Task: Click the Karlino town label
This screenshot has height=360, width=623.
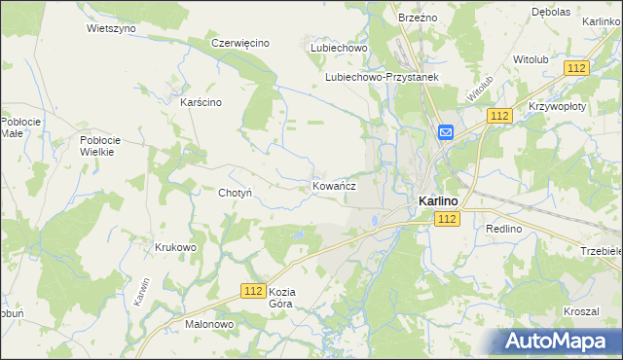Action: point(438,200)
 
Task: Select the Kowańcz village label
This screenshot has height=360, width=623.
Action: point(334,185)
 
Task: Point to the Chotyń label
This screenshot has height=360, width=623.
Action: point(236,193)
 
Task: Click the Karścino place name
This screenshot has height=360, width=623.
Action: point(202,102)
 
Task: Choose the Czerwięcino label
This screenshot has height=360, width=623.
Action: point(240,44)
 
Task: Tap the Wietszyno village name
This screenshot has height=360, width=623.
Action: point(111,28)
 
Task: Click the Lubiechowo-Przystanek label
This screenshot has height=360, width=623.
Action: point(383,77)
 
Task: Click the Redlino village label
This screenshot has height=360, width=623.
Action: point(504,228)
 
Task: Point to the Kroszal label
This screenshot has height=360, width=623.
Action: point(580,311)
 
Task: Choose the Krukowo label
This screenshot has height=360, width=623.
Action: point(175,247)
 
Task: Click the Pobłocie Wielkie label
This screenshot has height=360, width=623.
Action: point(99,145)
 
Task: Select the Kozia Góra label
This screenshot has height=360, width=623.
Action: point(281,298)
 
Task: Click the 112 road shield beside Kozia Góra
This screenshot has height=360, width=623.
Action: point(253,291)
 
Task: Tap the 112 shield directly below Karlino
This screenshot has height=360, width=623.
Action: point(448,220)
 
